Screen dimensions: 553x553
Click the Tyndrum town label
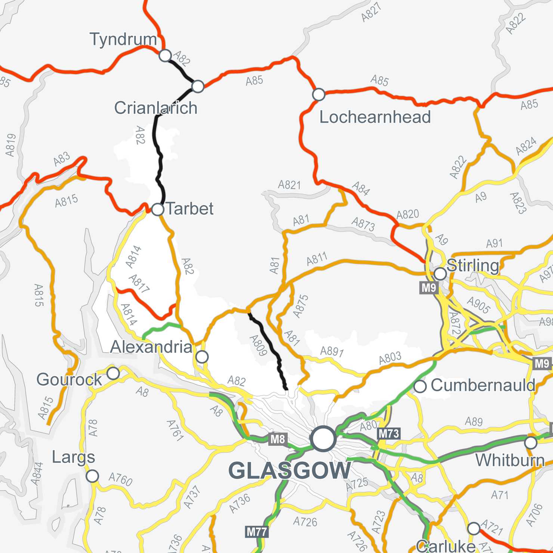123,39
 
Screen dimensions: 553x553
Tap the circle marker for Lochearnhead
318,95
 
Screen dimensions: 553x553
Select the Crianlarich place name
156,108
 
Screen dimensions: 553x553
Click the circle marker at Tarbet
158,209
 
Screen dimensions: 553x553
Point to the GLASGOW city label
290,470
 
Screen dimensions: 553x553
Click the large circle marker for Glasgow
323,439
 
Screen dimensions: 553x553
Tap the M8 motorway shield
278,439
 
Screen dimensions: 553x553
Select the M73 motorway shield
389,434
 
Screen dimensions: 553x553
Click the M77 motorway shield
257,532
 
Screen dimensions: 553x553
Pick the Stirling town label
473,266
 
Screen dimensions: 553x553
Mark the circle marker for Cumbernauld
420,386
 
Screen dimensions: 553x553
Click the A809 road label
258,345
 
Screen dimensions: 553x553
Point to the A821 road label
289,185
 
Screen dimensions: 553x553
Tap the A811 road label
317,259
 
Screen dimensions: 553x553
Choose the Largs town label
73,457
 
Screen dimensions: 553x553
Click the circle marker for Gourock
113,373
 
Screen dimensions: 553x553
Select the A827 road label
371,12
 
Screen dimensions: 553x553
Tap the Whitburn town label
510,460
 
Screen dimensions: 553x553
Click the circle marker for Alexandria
202,357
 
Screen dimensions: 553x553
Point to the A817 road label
139,284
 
